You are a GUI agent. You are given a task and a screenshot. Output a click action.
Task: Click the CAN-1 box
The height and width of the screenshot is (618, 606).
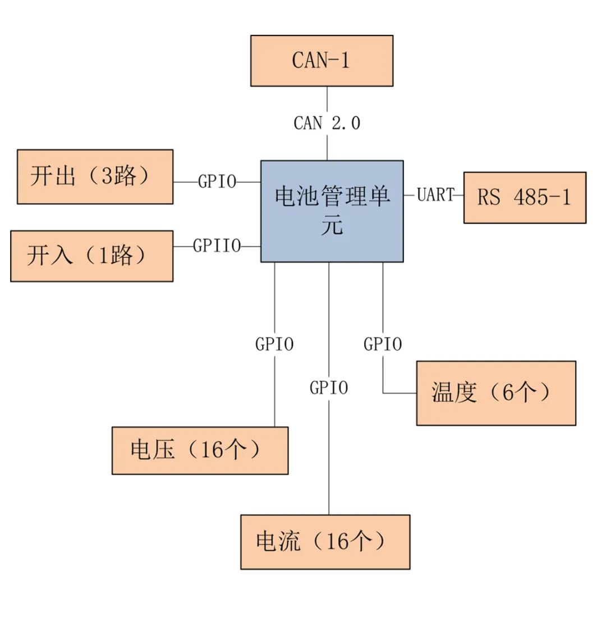(x=322, y=61)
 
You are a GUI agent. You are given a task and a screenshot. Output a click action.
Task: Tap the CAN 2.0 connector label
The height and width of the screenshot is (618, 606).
(x=327, y=123)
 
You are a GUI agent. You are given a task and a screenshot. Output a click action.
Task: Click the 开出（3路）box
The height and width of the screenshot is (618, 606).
(x=95, y=177)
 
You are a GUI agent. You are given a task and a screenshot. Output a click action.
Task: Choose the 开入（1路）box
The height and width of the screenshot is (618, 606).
(x=91, y=256)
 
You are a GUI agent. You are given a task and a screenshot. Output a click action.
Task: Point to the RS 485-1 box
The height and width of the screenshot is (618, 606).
(x=524, y=197)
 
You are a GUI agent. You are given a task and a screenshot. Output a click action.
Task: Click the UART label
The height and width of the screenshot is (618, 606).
(x=435, y=195)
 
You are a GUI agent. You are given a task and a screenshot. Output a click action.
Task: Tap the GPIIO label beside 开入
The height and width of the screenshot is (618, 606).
(x=217, y=246)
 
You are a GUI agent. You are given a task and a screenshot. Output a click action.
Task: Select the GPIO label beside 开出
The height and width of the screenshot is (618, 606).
(x=217, y=182)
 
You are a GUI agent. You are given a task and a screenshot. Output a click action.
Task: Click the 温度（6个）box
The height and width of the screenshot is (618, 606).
(x=495, y=393)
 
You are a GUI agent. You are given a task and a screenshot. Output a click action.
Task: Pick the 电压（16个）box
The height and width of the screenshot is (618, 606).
(x=200, y=450)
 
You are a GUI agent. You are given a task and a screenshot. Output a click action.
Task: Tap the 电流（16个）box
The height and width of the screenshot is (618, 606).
(x=325, y=542)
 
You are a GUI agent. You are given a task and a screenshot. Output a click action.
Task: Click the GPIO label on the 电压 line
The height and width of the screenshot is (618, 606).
(x=274, y=344)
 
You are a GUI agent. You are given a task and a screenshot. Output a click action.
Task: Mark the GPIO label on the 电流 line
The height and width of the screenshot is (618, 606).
(x=329, y=388)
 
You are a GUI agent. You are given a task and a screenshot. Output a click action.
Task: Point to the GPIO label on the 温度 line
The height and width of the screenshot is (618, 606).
(x=383, y=344)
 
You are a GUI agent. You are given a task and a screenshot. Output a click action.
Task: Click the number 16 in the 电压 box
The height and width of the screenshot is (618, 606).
(x=212, y=450)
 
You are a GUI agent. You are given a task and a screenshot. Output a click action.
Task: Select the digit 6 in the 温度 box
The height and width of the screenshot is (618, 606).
(x=508, y=393)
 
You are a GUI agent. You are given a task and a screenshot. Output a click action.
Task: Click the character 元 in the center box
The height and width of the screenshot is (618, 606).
(x=332, y=227)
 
